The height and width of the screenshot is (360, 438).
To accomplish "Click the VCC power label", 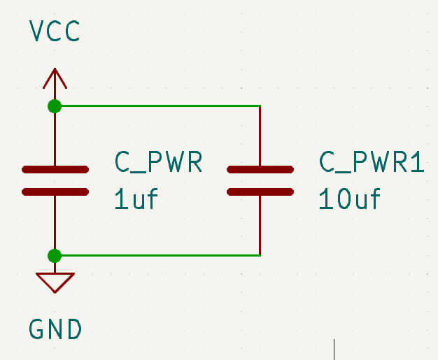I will click(x=55, y=31).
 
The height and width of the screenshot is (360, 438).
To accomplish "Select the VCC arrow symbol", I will click(x=55, y=78).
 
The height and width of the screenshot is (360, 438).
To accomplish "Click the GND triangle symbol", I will click(x=55, y=281).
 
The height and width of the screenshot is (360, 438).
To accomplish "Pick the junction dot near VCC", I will click(x=55, y=106).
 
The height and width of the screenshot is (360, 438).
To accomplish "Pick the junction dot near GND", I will click(x=55, y=255).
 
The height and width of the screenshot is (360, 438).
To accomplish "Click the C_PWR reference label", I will click(x=158, y=163).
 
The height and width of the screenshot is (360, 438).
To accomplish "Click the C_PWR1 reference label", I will click(x=372, y=163).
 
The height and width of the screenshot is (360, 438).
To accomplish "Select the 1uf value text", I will click(x=136, y=200).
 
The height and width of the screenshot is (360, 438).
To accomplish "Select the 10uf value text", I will click(x=349, y=200).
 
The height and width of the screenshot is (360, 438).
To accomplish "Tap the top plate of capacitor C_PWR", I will click(x=55, y=169).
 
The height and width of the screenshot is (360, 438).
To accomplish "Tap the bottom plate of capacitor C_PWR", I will click(x=55, y=191).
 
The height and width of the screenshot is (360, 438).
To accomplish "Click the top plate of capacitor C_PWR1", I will click(x=260, y=169).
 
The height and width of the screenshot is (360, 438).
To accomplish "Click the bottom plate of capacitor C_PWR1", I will click(x=260, y=191).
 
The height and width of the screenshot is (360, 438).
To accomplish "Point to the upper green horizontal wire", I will click(x=157, y=106).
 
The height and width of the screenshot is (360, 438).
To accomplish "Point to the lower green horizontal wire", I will click(x=157, y=255).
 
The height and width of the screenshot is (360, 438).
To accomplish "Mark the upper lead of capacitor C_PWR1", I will click(x=260, y=136).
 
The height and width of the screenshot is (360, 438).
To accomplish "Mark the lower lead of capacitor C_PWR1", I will click(x=260, y=224).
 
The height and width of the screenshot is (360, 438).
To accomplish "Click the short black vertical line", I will click(x=334, y=349).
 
